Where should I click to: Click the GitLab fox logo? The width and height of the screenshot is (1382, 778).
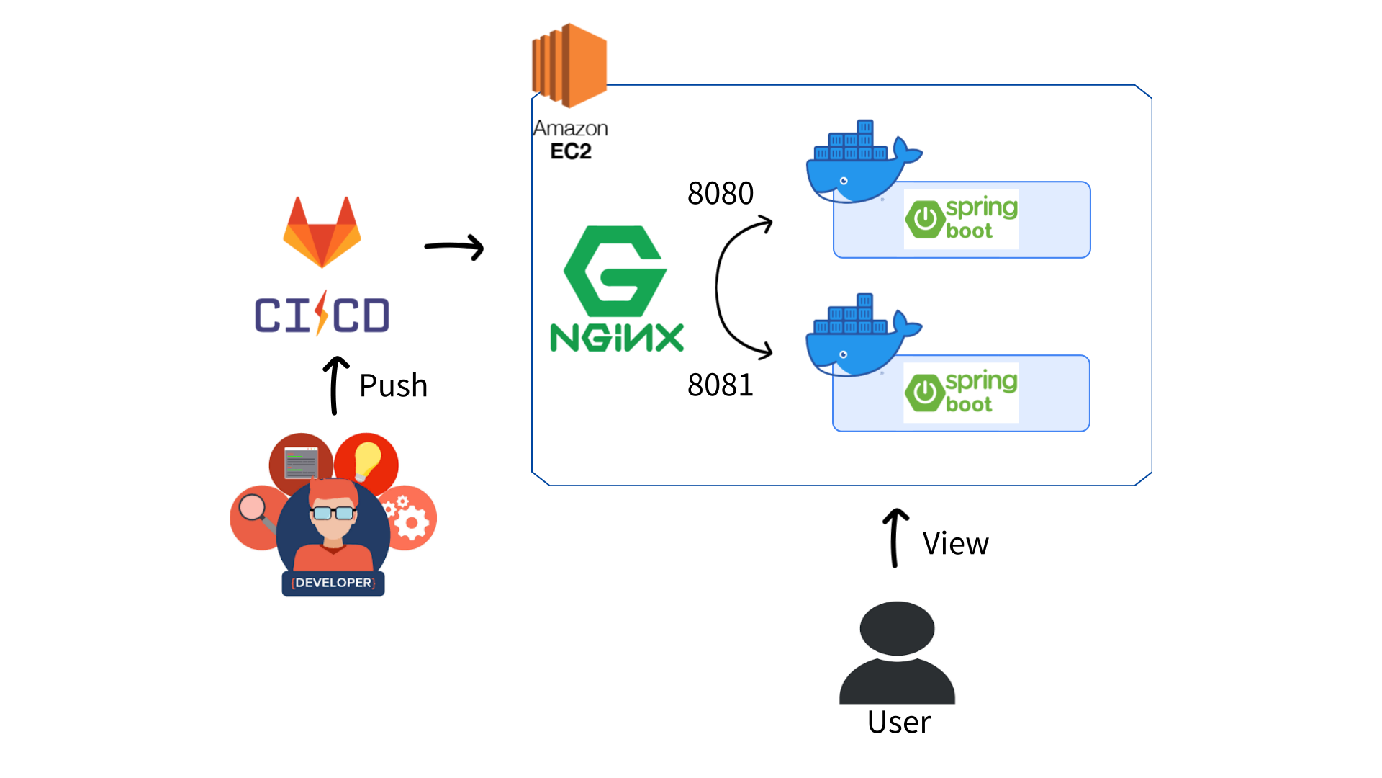pyautogui.click(x=322, y=232)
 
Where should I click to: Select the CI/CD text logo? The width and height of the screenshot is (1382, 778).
pyautogui.click(x=322, y=315)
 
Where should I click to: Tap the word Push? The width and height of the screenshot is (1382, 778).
pyautogui.click(x=393, y=386)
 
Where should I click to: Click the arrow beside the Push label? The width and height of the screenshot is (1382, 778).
pyautogui.click(x=335, y=385)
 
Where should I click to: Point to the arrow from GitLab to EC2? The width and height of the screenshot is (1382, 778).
pyautogui.click(x=454, y=247)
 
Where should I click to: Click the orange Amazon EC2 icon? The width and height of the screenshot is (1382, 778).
pyautogui.click(x=569, y=66)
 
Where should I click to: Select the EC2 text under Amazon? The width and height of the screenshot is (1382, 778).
pyautogui.click(x=571, y=151)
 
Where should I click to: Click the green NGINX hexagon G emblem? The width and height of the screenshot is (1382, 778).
pyautogui.click(x=615, y=272)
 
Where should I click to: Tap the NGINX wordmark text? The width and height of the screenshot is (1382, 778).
pyautogui.click(x=617, y=338)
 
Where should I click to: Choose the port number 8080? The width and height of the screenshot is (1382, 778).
pyautogui.click(x=721, y=193)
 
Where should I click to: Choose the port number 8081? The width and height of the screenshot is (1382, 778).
pyautogui.click(x=721, y=385)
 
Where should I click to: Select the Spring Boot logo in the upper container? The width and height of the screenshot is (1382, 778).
pyautogui.click(x=961, y=218)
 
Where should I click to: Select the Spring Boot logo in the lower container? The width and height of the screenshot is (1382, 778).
pyautogui.click(x=961, y=393)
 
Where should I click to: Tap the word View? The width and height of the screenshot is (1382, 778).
pyautogui.click(x=956, y=543)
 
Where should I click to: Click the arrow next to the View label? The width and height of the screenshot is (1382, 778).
pyautogui.click(x=895, y=537)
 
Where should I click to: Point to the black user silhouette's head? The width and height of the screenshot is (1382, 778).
pyautogui.click(x=897, y=628)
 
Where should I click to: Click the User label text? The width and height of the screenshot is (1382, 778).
pyautogui.click(x=899, y=722)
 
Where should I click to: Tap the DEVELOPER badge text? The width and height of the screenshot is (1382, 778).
pyautogui.click(x=333, y=583)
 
